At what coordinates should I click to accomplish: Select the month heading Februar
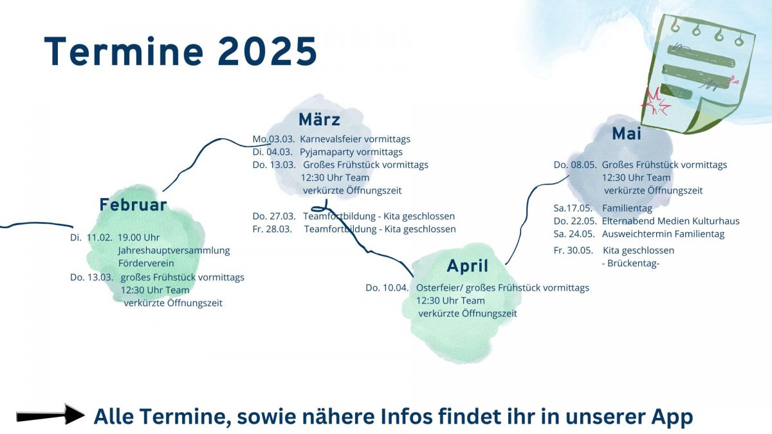pos(133,204)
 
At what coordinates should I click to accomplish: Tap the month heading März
pos(319,119)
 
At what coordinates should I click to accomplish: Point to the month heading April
pos(467,266)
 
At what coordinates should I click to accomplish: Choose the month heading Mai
pos(627,134)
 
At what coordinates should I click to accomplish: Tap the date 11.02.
pos(100,238)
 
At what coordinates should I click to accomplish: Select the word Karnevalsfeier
pos(331,139)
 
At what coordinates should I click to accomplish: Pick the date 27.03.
pos(282,216)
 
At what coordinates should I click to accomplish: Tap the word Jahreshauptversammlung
pos(174,251)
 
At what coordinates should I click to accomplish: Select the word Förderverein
pos(146,264)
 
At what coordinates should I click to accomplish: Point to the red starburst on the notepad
pos(656,102)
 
